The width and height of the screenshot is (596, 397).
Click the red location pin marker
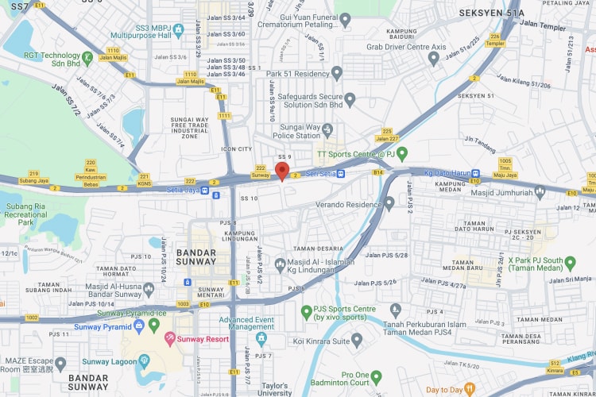(x=281, y=171)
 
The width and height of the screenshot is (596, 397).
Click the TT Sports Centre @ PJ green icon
(x=402, y=152)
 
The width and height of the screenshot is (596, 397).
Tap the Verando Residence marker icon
(x=389, y=203)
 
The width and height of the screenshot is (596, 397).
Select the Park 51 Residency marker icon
(x=337, y=73)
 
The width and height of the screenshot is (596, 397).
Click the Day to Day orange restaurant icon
(x=470, y=389)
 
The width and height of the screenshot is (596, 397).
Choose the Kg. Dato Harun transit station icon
(x=475, y=174)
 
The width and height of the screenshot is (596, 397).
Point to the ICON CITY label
(x=236, y=148)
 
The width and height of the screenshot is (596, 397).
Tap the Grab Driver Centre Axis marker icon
(x=434, y=57)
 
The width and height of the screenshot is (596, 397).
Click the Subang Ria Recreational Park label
(x=25, y=215)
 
